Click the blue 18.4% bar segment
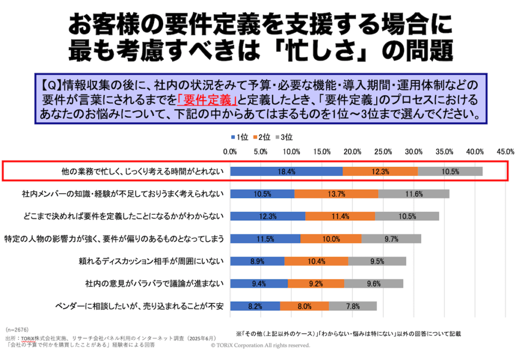coord(286,172)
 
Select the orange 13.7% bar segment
coord(336,194)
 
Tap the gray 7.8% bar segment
coord(353,306)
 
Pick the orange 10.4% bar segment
coord(316,262)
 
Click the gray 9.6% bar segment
coord(374,284)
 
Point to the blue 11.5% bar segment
coord(265,239)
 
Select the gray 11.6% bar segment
coord(413,194)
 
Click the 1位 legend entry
coord(240,137)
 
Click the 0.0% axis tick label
coord(230,151)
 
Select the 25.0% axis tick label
coord(383,151)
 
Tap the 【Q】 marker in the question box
coord(50,84)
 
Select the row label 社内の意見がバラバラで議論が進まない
coord(154,284)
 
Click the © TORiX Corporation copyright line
coord(260,345)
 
